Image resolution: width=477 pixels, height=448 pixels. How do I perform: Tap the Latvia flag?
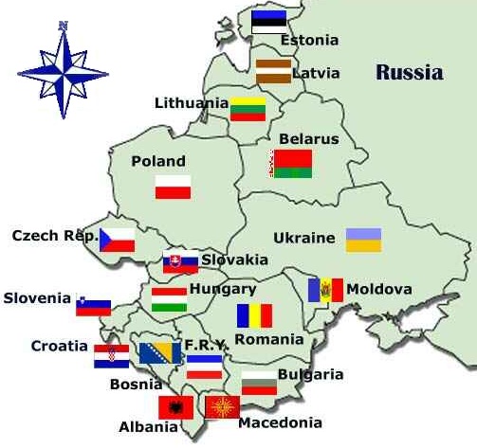tap(273, 71)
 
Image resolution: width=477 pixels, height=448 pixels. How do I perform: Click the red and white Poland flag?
tap(174, 187)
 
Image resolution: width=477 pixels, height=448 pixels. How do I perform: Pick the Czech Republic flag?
tap(118, 239)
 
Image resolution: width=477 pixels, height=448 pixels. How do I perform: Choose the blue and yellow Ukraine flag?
tap(363, 240)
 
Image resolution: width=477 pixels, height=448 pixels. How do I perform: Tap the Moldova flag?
tap(324, 290)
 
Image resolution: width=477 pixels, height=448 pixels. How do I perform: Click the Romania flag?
tap(254, 315)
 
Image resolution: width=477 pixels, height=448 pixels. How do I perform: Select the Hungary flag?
tap(169, 299)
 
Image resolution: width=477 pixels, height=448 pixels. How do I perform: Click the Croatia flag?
tap(112, 356)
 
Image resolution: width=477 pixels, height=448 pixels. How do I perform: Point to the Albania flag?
tap(176, 408)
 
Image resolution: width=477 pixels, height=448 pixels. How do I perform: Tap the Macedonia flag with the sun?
tap(223, 408)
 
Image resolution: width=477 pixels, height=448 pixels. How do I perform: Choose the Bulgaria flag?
tap(259, 384)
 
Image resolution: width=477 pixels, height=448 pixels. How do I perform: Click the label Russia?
tap(409, 73)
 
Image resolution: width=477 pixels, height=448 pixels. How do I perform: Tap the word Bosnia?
tap(137, 385)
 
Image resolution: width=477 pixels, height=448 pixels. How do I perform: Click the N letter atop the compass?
tap(63, 26)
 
